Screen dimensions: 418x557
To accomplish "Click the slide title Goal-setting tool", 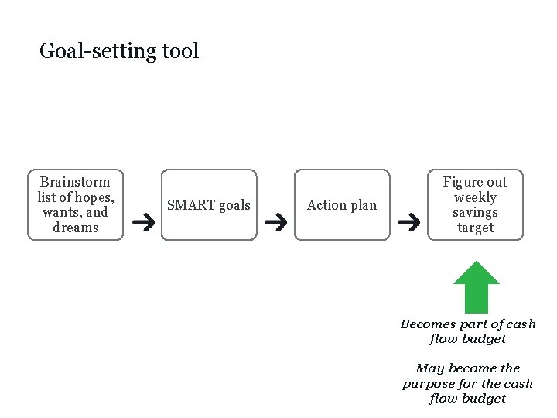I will (119, 51).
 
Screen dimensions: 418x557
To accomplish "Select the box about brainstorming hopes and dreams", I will (75, 204).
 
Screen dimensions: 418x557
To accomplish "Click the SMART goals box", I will (209, 204).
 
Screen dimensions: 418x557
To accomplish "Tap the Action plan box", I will (342, 204).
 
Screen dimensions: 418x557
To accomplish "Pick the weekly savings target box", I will (475, 204).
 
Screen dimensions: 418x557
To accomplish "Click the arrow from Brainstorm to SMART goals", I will (143, 224).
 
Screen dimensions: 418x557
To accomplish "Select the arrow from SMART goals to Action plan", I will (276, 224).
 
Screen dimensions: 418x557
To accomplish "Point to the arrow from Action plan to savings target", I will (408, 224).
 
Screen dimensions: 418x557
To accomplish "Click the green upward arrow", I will (476, 286).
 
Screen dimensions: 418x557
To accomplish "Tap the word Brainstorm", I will (75, 182).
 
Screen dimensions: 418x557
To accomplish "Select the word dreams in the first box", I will (76, 228).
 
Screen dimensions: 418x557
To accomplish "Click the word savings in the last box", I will (475, 212).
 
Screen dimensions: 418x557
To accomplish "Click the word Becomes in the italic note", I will (428, 324).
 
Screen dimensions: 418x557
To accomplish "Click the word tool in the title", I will (181, 51).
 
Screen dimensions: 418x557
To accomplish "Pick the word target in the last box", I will (475, 228).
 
